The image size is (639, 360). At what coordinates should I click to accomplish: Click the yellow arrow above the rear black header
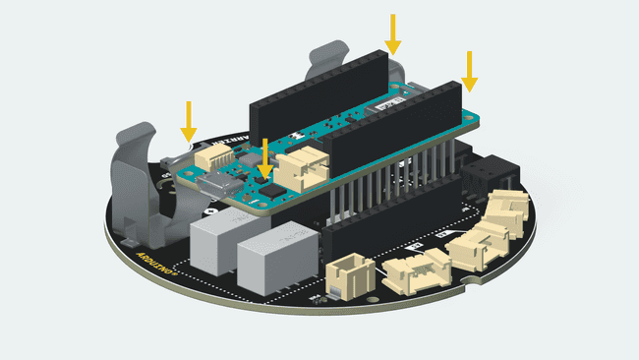point(393,33)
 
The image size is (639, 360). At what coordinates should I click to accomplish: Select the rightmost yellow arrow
point(470,69)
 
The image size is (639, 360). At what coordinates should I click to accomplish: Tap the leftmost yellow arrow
point(188,119)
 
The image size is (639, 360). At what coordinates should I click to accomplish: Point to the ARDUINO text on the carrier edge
point(154,268)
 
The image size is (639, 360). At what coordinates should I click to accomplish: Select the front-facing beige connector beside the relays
point(349,276)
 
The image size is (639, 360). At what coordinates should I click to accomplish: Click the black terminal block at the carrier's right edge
point(483,177)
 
